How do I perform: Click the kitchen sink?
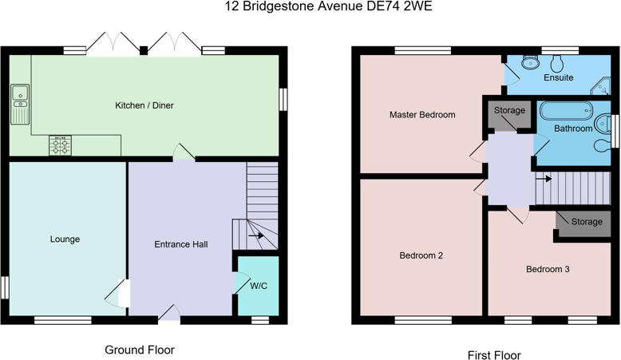pos(20,104)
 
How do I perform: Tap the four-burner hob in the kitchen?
pos(60,145)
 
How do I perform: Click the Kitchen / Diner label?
pos(144,105)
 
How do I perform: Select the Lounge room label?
pos(65,239)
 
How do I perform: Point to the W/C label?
pos(259,286)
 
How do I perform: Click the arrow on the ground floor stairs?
pos(256,235)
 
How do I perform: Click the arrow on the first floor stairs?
pos(544,179)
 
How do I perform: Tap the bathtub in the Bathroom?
pos(567,111)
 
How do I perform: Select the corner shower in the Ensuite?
pos(600,86)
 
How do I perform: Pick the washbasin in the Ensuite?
pos(530,62)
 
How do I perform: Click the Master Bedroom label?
pos(422,115)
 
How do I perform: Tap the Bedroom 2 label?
pos(421,255)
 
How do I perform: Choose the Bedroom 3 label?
pos(548,269)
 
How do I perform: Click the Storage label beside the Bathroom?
pos(509,110)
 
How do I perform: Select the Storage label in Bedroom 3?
pos(587,222)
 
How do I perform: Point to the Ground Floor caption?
pos(140,350)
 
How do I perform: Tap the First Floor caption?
pos(494,355)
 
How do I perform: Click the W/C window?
pos(260,320)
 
